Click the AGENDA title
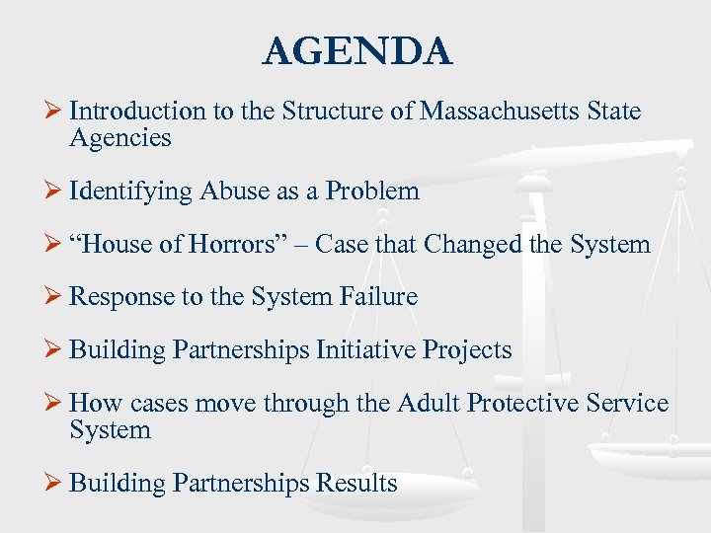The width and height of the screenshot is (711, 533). click(x=356, y=51)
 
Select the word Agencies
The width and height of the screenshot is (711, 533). click(x=120, y=138)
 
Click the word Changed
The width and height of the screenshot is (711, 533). click(x=470, y=244)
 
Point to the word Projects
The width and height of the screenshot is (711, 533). click(x=471, y=350)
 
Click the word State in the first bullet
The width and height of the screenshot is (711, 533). click(x=613, y=112)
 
